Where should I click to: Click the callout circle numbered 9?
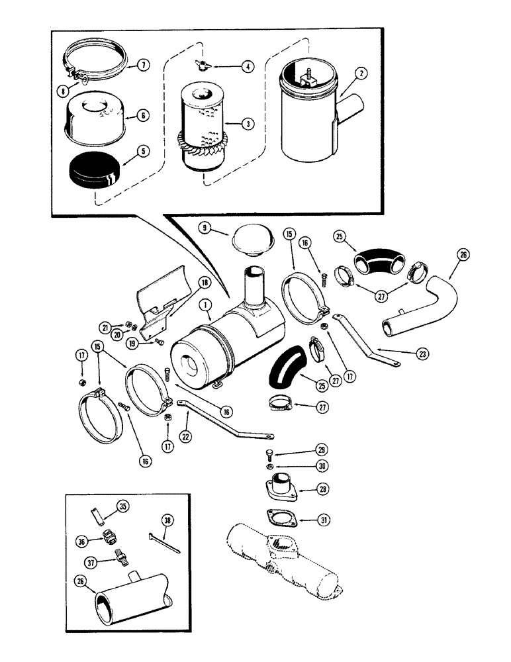[x=205, y=228]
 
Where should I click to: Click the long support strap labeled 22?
[x=225, y=424]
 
